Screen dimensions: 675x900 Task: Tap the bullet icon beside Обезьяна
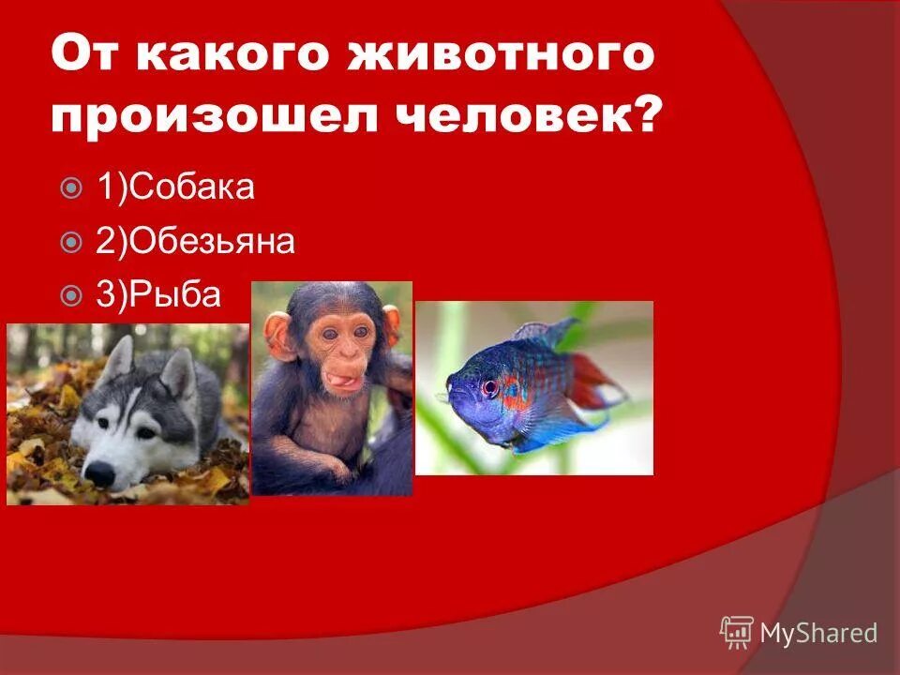(x=70, y=244)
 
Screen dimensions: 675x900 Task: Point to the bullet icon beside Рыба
(x=70, y=297)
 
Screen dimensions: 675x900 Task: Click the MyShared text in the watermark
(x=818, y=633)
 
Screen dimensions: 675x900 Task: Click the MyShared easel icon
(x=737, y=631)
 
